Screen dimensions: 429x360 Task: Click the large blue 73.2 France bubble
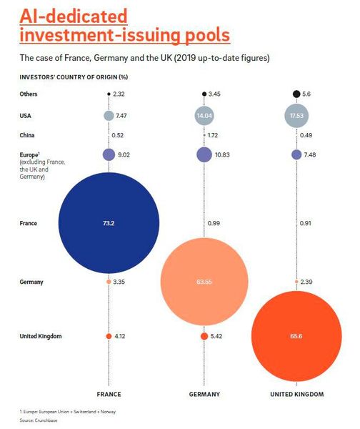[x=109, y=223]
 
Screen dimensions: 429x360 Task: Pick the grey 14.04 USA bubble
[x=204, y=115]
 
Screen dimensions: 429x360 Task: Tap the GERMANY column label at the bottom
[x=204, y=394]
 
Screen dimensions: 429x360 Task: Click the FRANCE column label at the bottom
[x=109, y=394]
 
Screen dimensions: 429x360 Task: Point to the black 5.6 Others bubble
[x=296, y=94]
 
